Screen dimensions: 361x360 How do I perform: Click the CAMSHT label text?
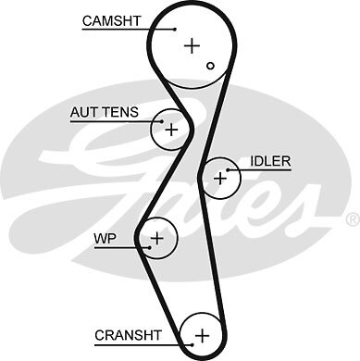112,19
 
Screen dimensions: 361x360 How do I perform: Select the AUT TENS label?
104,113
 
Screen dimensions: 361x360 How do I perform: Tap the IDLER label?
270,161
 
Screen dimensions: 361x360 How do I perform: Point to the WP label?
105,238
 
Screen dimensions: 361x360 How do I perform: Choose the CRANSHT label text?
128,334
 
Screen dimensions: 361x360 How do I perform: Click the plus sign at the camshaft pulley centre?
192,44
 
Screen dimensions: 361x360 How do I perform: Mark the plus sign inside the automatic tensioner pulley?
171,131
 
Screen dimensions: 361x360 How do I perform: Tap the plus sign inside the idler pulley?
219,178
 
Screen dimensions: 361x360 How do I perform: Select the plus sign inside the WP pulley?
157,239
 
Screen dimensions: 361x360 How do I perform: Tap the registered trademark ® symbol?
352,219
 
